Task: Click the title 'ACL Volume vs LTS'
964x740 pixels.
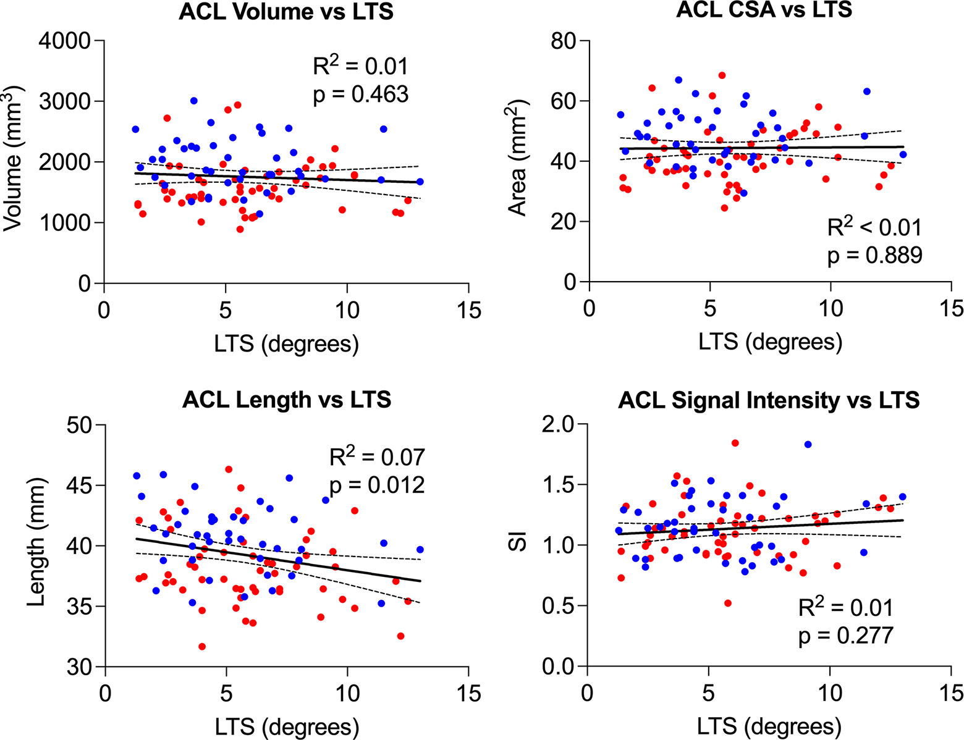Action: pos(285,12)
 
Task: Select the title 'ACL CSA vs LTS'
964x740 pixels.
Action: pos(764,9)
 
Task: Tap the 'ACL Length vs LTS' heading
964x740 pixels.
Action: pos(287,400)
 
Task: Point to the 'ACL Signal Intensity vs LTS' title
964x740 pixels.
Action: pos(769,400)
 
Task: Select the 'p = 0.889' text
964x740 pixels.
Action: pos(875,256)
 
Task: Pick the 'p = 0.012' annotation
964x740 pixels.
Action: pos(377,485)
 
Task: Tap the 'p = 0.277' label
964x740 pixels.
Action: pos(846,636)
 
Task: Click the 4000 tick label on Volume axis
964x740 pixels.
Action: pos(65,41)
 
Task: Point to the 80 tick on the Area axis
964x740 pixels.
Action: pos(564,41)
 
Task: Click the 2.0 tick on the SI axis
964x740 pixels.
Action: pos(558,425)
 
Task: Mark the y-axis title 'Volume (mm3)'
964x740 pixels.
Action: pos(13,158)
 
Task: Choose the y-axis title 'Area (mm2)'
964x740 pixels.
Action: pos(517,158)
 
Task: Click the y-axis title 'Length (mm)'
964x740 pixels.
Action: pos(36,542)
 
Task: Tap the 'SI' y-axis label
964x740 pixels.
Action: pos(517,541)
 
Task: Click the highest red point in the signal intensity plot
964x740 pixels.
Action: pos(735,443)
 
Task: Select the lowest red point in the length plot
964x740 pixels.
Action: pos(202,647)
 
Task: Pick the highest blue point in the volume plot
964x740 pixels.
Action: pos(194,101)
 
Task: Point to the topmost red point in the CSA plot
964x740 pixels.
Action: pos(722,75)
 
